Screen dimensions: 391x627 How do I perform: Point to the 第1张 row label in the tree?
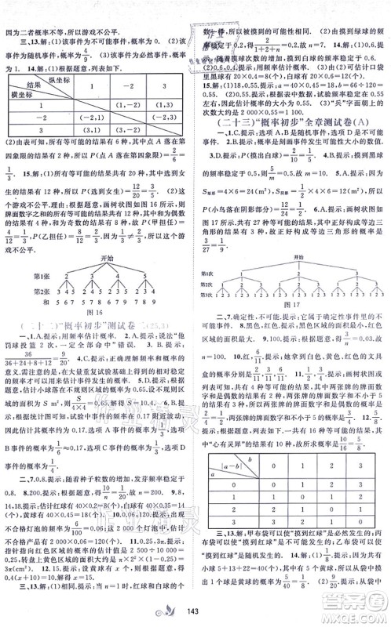point(53,274)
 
